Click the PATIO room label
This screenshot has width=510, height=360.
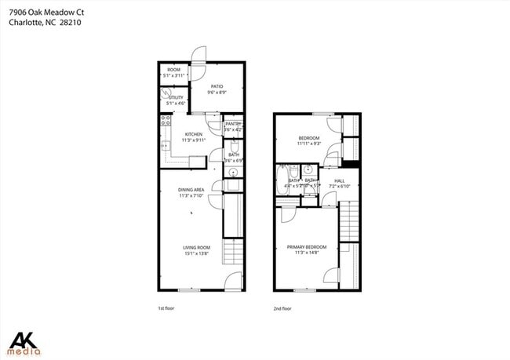pyautogui.click(x=217, y=87)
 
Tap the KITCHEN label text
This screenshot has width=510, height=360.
pyautogui.click(x=193, y=134)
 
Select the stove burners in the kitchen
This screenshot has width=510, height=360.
pyautogui.click(x=166, y=121)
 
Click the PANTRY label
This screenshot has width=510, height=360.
pyautogui.click(x=232, y=124)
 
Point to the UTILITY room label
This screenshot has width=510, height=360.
pyautogui.click(x=175, y=98)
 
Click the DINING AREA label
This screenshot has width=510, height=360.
pyautogui.click(x=191, y=190)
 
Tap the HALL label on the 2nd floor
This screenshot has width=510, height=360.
pyautogui.click(x=340, y=181)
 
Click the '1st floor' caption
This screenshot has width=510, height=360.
pyautogui.click(x=166, y=308)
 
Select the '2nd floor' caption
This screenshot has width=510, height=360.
pyautogui.click(x=282, y=308)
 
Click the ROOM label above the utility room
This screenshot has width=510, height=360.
pyautogui.click(x=173, y=71)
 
